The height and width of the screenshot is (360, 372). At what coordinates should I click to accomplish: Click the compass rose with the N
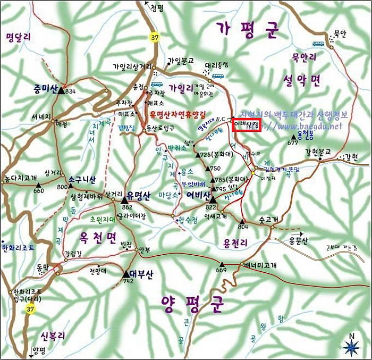[351, 346]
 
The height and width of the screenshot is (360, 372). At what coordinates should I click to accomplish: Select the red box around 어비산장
[248, 124]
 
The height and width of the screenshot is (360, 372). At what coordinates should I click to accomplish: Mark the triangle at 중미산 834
[61, 90]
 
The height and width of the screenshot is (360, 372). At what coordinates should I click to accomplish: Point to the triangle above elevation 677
[293, 137]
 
